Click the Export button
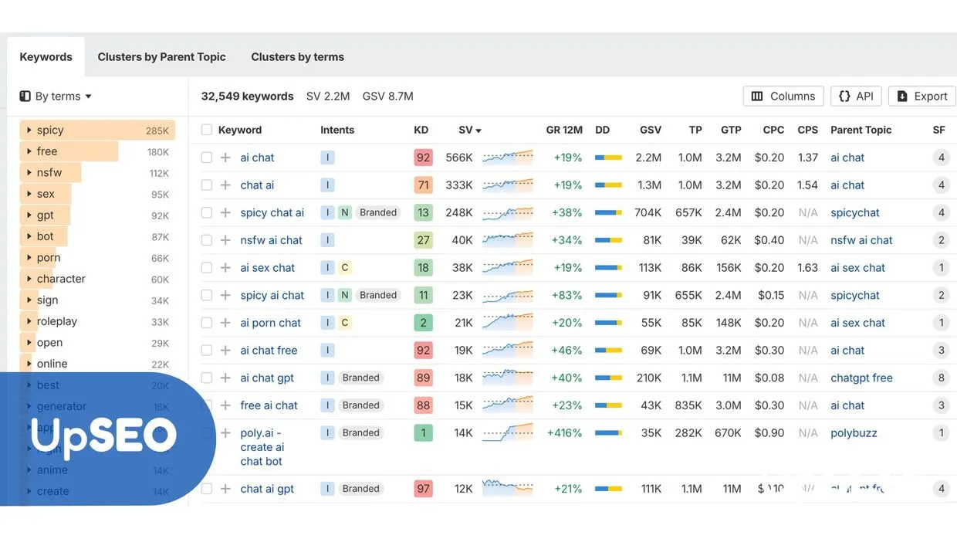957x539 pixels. (x=921, y=97)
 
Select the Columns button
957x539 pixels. (x=783, y=97)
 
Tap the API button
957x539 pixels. (x=856, y=97)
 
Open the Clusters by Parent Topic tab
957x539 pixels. (x=161, y=57)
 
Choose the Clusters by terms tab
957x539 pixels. (x=297, y=57)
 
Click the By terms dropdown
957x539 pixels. (x=56, y=97)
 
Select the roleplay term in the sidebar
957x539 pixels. (x=57, y=321)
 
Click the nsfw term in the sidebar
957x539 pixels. (x=49, y=173)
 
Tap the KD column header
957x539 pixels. (x=421, y=130)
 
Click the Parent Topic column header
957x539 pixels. (x=861, y=130)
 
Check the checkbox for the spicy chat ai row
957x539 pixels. (x=207, y=213)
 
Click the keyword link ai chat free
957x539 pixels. (x=269, y=351)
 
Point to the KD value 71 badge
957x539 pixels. (x=423, y=185)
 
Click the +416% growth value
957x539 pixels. (x=564, y=433)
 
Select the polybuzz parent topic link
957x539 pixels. (x=854, y=433)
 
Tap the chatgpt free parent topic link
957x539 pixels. (x=861, y=378)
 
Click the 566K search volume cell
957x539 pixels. (x=458, y=158)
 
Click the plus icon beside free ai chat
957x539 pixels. (x=225, y=405)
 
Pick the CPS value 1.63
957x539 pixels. (x=807, y=268)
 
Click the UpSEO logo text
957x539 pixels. (x=103, y=436)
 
